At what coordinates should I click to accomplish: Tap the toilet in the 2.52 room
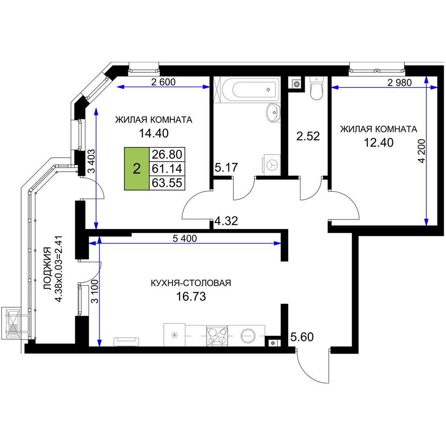pyautogui.click(x=316, y=88)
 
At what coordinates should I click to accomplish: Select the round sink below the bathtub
pyautogui.click(x=273, y=112)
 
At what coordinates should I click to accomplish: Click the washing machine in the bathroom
pyautogui.click(x=272, y=165)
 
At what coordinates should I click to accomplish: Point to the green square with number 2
pyautogui.click(x=137, y=169)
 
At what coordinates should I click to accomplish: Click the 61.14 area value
pyautogui.click(x=167, y=169)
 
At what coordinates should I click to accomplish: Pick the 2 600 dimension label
pyautogui.click(x=163, y=82)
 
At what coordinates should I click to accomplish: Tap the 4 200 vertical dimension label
pyautogui.click(x=421, y=151)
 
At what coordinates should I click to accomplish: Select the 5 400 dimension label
pyautogui.click(x=185, y=238)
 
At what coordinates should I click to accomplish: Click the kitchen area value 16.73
pyautogui.click(x=191, y=297)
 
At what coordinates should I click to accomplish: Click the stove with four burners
pyautogui.click(x=217, y=336)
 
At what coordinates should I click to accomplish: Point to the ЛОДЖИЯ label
pyautogui.click(x=48, y=268)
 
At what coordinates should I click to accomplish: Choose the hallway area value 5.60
pyautogui.click(x=302, y=337)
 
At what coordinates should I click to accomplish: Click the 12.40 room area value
pyautogui.click(x=379, y=143)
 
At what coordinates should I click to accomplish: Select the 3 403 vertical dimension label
pyautogui.click(x=91, y=161)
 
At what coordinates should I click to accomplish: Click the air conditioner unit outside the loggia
pyautogui.click(x=12, y=323)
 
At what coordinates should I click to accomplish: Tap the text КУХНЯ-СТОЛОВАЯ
pyautogui.click(x=190, y=283)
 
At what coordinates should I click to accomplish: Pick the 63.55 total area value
pyautogui.click(x=167, y=182)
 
